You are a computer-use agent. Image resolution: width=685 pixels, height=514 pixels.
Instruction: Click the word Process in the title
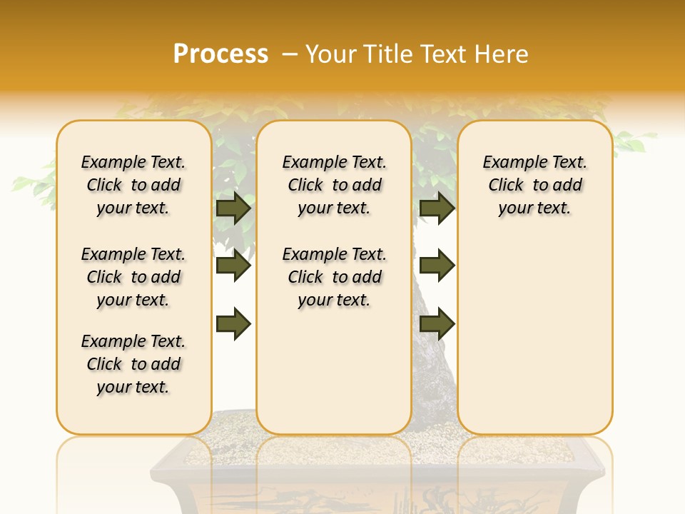220,54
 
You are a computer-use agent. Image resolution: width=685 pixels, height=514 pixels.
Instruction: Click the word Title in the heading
390,54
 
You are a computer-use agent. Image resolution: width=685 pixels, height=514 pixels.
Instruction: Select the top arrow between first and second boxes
233,208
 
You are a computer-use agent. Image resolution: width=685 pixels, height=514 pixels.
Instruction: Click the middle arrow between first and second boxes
233,266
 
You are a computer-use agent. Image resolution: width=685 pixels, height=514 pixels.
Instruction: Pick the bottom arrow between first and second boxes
233,324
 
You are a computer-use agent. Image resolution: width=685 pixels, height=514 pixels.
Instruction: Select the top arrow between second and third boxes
437,208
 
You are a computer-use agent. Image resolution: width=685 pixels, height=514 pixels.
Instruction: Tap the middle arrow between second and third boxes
437,266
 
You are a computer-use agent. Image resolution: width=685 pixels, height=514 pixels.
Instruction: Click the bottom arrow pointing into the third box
437,324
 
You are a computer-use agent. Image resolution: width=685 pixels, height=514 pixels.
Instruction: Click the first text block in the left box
133,185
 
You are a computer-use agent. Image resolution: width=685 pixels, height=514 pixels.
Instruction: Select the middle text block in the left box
133,277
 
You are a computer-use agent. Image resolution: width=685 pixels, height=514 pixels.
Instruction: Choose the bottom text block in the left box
133,364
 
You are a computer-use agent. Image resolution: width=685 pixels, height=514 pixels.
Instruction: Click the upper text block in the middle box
335,185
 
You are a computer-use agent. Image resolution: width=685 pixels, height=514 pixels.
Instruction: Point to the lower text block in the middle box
335,277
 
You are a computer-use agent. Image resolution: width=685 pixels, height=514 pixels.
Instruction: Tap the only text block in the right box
535,185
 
